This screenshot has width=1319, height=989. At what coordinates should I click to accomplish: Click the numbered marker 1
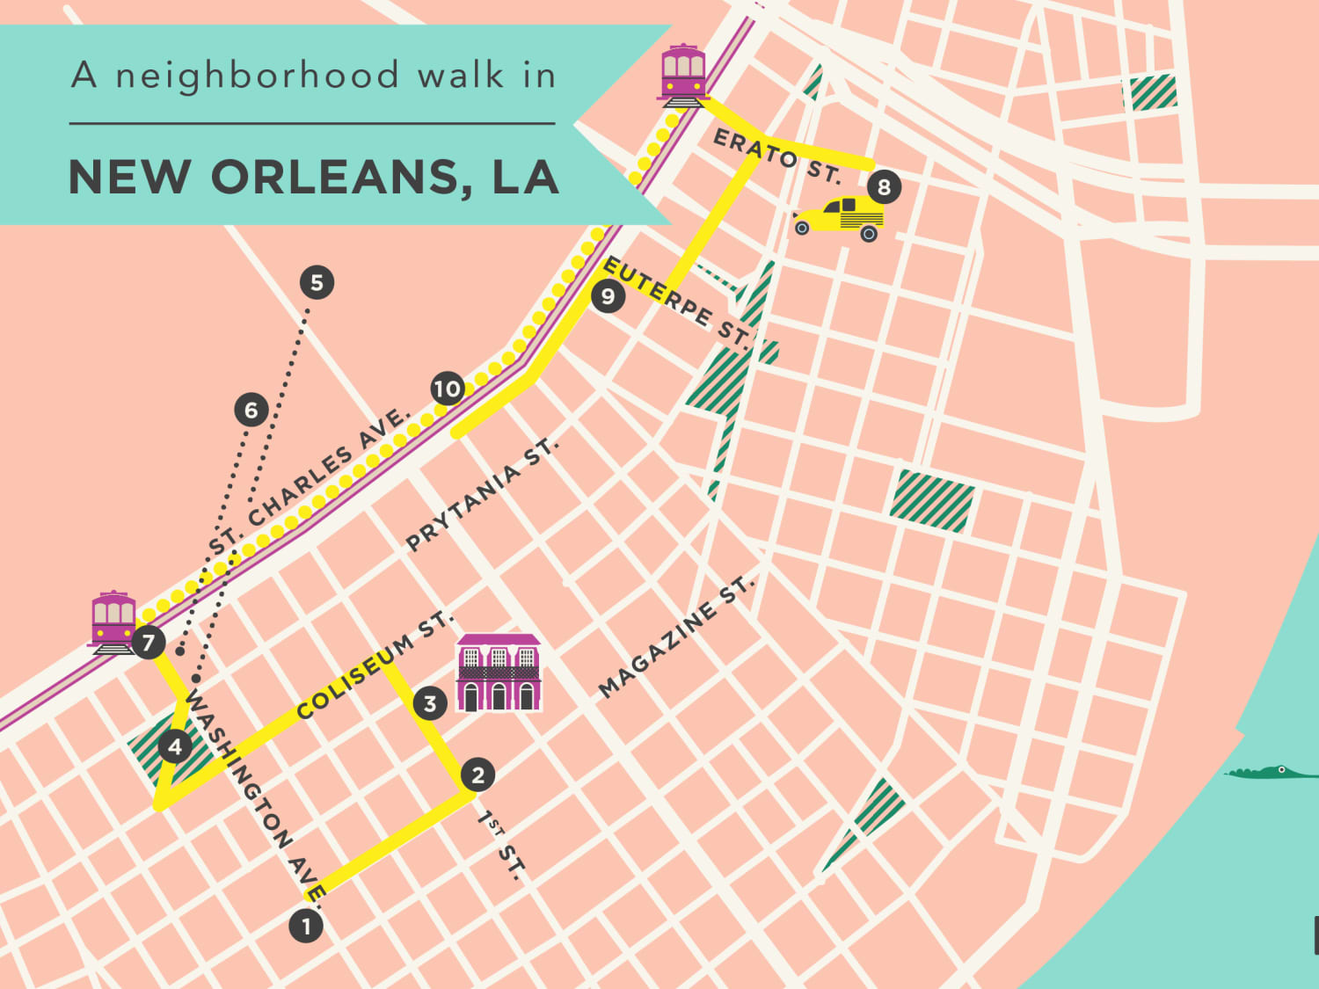306,926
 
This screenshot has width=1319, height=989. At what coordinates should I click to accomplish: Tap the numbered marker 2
477,774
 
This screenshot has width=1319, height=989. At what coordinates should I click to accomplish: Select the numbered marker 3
430,703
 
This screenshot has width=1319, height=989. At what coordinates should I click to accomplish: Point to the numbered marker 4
175,746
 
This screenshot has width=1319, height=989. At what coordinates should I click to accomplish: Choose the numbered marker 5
317,282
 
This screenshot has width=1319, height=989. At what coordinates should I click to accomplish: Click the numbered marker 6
251,410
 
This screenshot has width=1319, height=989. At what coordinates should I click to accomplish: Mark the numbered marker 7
149,643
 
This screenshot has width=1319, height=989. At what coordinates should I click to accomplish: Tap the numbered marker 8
884,186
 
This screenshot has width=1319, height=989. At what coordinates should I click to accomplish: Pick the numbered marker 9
608,296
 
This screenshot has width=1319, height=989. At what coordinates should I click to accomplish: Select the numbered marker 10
448,389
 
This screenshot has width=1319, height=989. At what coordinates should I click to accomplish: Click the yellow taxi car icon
841,218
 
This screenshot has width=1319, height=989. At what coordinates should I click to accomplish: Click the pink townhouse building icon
499,673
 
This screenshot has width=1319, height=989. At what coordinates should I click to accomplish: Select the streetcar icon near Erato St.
683,74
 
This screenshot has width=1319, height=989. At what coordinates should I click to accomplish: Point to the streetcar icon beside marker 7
113,622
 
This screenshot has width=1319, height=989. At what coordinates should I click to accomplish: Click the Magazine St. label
675,636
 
